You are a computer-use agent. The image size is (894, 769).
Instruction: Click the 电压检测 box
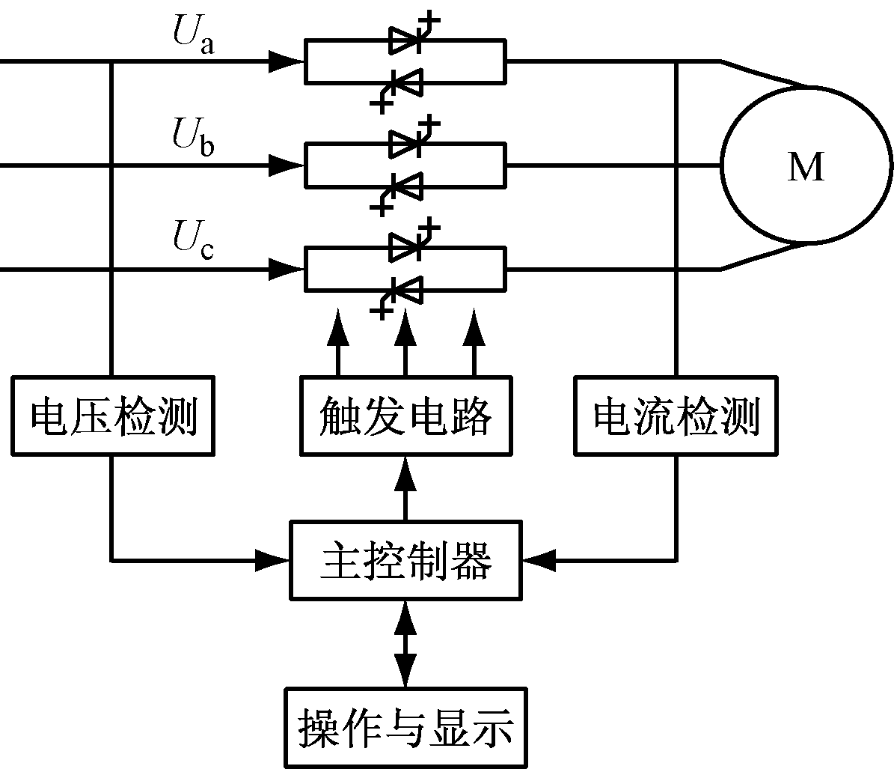click(112, 416)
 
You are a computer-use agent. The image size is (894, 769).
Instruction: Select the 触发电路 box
click(405, 416)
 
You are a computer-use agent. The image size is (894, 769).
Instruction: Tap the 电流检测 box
click(676, 416)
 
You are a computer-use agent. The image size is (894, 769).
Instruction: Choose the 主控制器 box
click(405, 560)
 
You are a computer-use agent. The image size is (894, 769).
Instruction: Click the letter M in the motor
click(806, 168)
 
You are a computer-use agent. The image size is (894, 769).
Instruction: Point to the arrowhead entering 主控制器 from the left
click(273, 559)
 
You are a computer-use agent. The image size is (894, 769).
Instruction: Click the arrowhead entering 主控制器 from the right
click(539, 559)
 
